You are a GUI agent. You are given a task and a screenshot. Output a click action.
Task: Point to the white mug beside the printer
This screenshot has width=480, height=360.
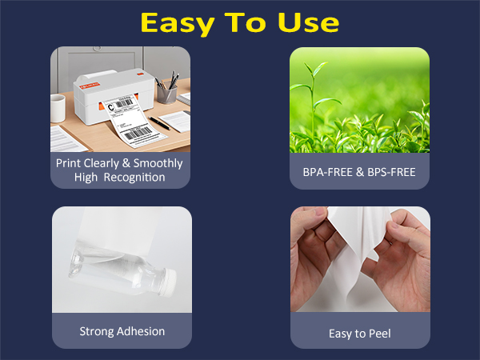(x=58, y=106)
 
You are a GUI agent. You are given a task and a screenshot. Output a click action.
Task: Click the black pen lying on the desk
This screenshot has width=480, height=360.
(x=158, y=123)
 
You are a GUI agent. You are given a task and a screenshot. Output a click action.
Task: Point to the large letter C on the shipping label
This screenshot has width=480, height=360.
(x=111, y=107)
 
